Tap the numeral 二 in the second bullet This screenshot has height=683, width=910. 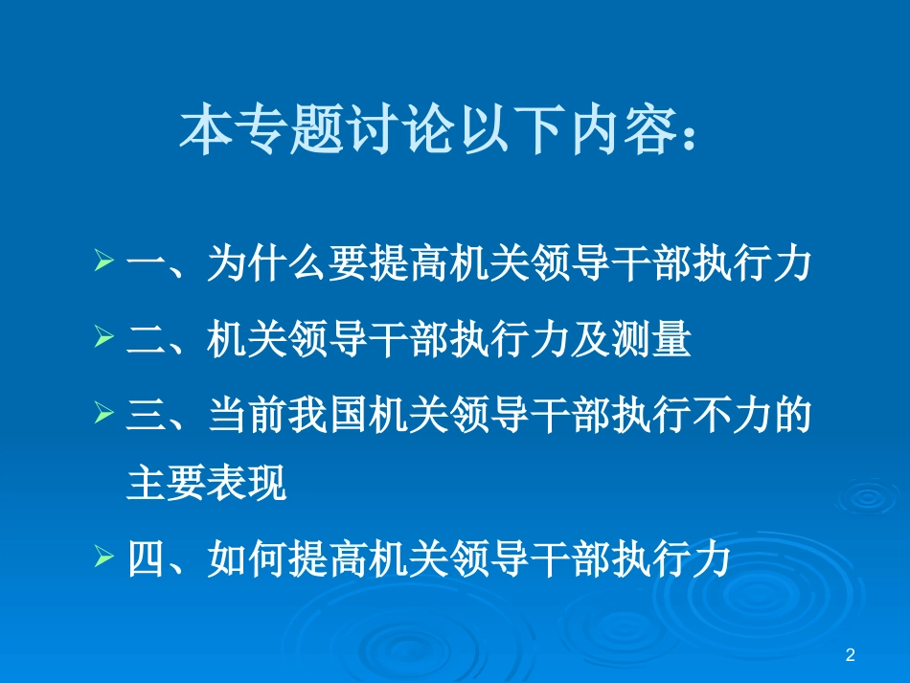146,341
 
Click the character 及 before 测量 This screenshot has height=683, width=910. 590,341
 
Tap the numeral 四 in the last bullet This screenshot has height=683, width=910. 146,559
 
